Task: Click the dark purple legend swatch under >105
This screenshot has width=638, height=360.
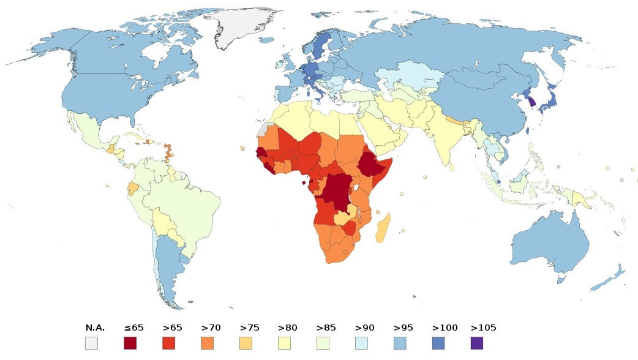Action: (x=476, y=343)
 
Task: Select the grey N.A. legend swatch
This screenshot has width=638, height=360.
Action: (x=91, y=343)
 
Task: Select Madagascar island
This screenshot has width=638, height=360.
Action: (x=383, y=229)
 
